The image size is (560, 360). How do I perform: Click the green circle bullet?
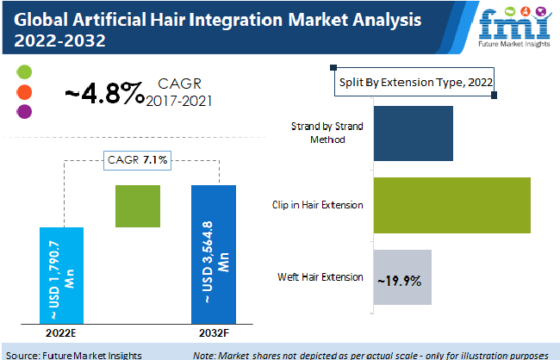24,71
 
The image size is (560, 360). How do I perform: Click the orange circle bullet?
24,92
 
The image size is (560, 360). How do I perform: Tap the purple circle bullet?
24,111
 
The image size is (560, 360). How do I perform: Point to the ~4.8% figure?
104,93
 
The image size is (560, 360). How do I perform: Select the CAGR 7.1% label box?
138,160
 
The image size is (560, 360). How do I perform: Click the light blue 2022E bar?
61,276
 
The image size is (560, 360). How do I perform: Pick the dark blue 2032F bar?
214,254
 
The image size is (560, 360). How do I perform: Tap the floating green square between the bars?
138,206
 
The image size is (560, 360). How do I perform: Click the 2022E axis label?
61,332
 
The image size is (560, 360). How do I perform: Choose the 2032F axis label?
214,332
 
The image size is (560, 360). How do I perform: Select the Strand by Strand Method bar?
414,133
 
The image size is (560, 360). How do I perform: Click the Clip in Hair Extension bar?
452,205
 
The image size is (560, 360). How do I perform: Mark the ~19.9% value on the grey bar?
399,281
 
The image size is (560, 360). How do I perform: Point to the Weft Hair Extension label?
320,277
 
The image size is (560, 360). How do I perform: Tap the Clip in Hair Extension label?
318,205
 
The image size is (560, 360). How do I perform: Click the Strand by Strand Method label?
327,133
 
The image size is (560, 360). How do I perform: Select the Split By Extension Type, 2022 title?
416,83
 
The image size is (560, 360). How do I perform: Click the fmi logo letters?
514,24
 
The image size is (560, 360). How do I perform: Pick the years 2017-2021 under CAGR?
179,102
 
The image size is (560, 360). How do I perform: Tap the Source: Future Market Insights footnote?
74,356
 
